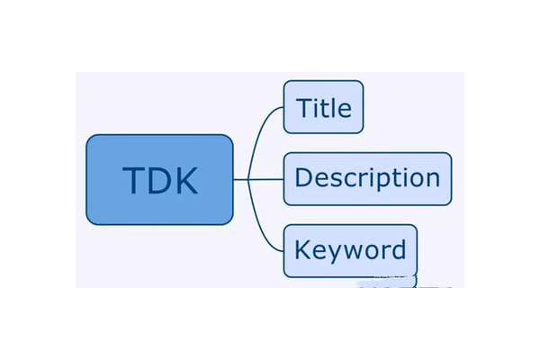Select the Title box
click(323, 107)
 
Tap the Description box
click(367, 178)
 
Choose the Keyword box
click(350, 250)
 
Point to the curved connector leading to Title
click(265, 126)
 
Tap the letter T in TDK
click(134, 180)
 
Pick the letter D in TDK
click(159, 180)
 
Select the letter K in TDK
click(185, 180)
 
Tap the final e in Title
click(346, 111)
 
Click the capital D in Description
click(303, 177)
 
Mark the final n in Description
click(434, 179)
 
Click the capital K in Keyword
click(303, 248)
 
